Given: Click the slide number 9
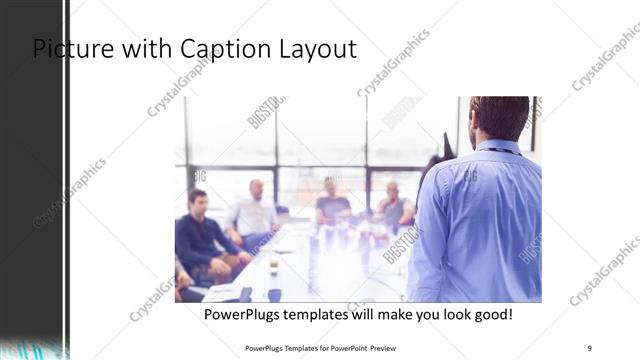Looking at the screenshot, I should (x=590, y=347).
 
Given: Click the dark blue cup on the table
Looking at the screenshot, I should (x=274, y=294).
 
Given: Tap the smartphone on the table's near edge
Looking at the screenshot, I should (x=244, y=294).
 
